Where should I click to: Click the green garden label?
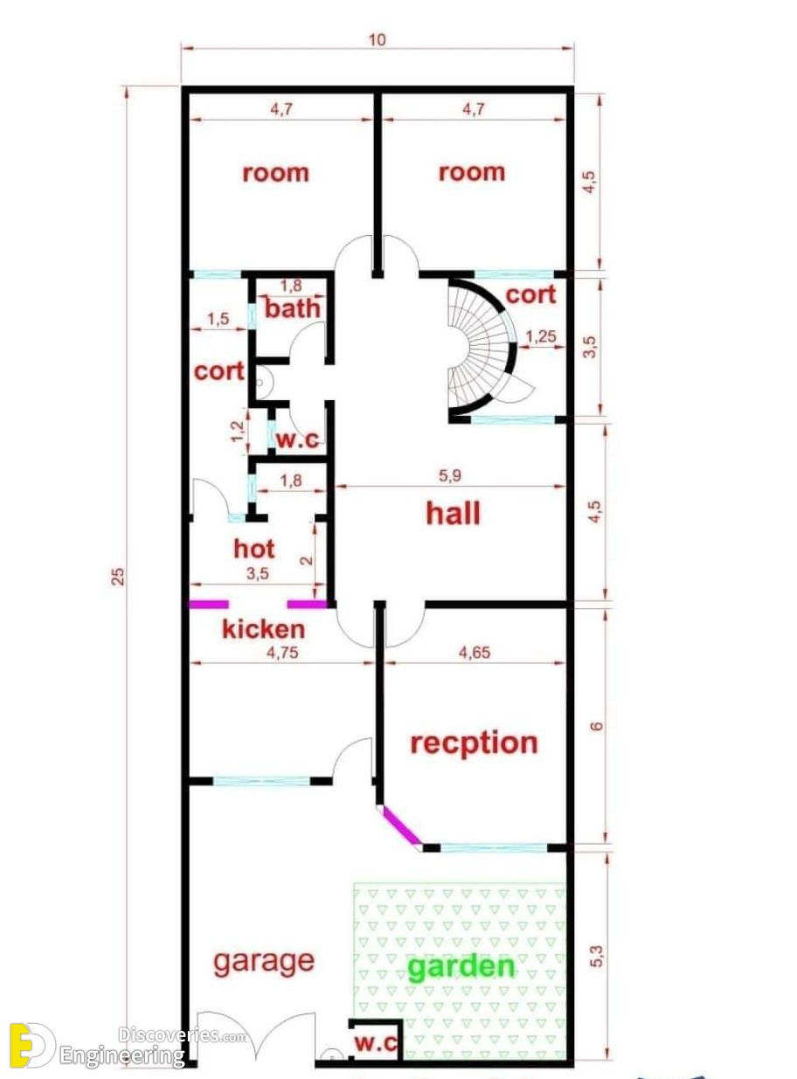(x=461, y=966)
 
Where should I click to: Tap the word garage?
(x=264, y=962)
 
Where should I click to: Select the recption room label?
(x=474, y=744)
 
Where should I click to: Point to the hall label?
(x=453, y=513)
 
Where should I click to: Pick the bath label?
(x=293, y=308)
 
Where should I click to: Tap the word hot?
(x=254, y=549)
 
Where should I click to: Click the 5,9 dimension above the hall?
(x=449, y=475)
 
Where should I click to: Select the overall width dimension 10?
(x=378, y=40)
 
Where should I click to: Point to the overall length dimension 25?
(x=119, y=577)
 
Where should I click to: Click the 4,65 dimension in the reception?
(x=475, y=653)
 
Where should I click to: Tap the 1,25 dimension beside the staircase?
(x=541, y=336)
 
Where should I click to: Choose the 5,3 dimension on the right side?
(x=598, y=956)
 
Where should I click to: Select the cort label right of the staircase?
(x=530, y=294)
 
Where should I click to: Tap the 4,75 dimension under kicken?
(x=282, y=653)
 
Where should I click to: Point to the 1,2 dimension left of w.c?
(x=238, y=432)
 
